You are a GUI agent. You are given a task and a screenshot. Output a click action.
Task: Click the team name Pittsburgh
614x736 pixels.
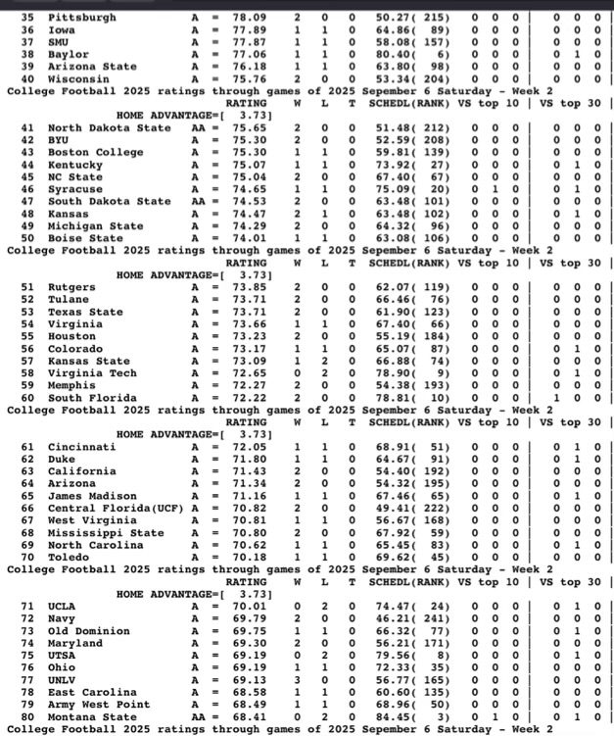click(81, 18)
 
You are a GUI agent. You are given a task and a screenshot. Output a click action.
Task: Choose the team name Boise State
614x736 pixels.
click(85, 237)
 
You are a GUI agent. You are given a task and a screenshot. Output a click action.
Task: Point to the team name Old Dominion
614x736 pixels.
click(89, 631)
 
